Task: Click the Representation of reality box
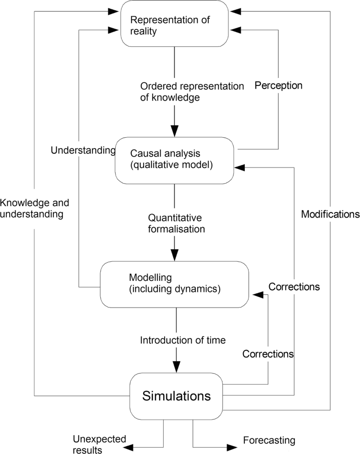pyautogui.click(x=174, y=24)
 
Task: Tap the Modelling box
pyautogui.click(x=174, y=284)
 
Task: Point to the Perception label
pyautogui.click(x=278, y=85)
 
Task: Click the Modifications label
pyautogui.click(x=330, y=214)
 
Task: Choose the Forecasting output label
pyautogui.click(x=269, y=441)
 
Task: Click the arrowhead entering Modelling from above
pyautogui.click(x=174, y=255)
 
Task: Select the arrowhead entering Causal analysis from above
pyautogui.click(x=174, y=131)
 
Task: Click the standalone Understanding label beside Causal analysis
pyautogui.click(x=83, y=150)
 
